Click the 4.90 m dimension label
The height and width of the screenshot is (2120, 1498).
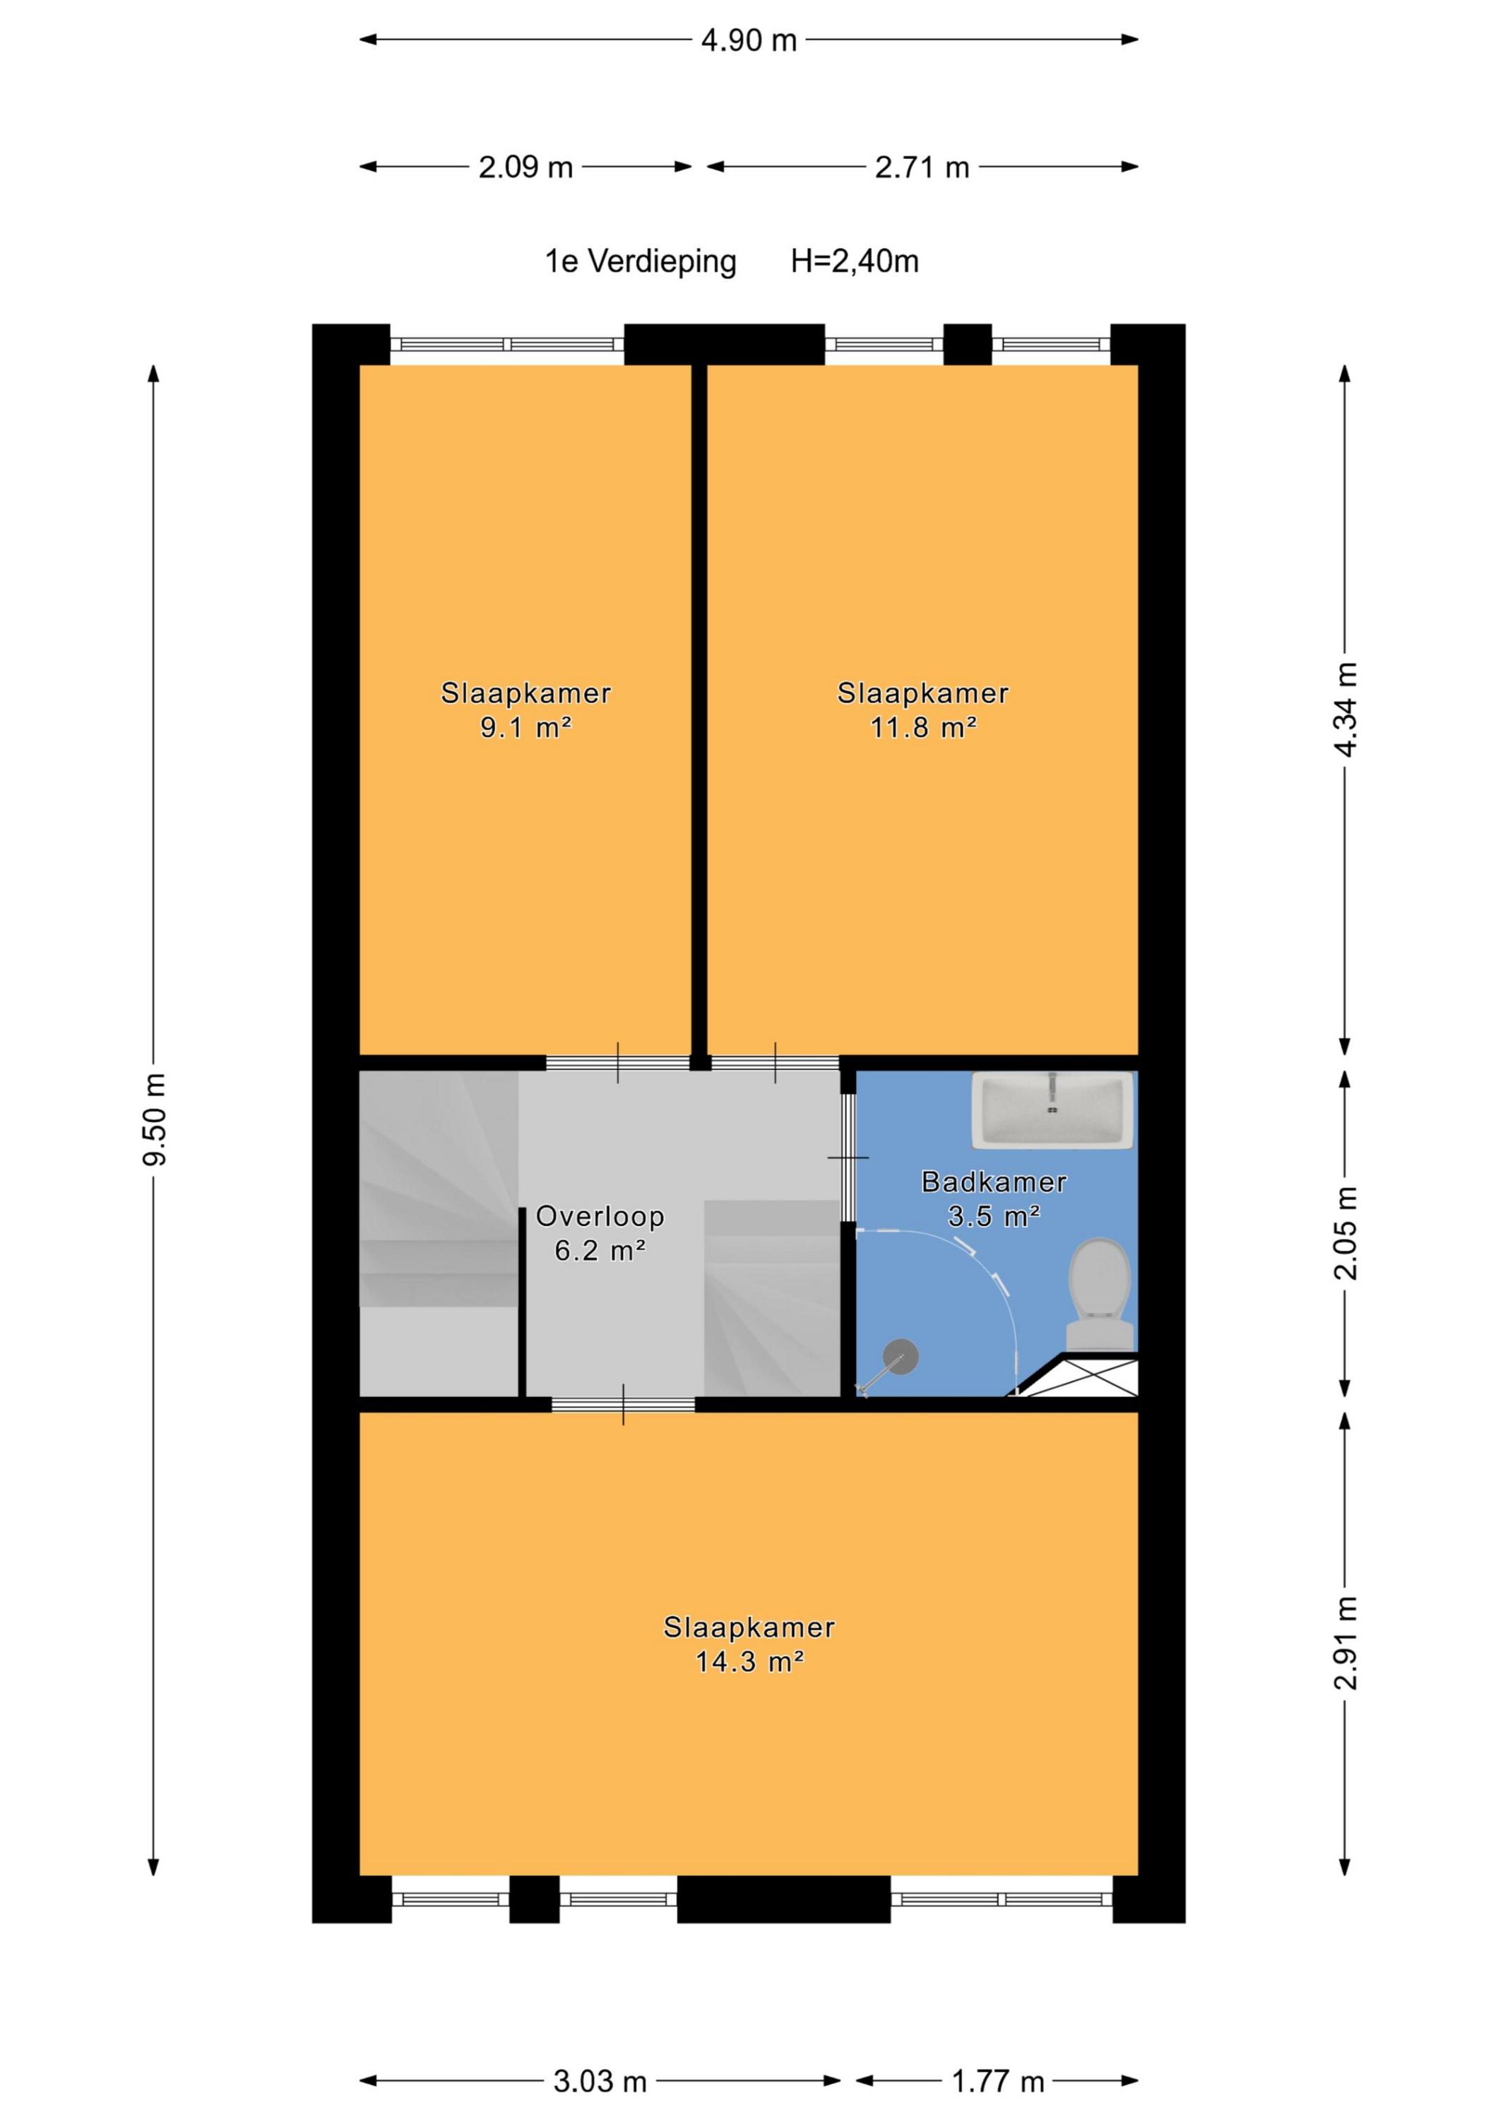(749, 40)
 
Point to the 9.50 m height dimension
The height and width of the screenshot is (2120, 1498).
(154, 1119)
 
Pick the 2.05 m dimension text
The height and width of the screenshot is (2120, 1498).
(1345, 1234)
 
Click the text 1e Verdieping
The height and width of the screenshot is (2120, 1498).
(641, 261)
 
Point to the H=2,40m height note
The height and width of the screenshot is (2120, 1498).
(855, 261)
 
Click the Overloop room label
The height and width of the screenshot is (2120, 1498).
(600, 1216)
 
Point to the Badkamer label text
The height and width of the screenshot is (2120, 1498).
(994, 1181)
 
